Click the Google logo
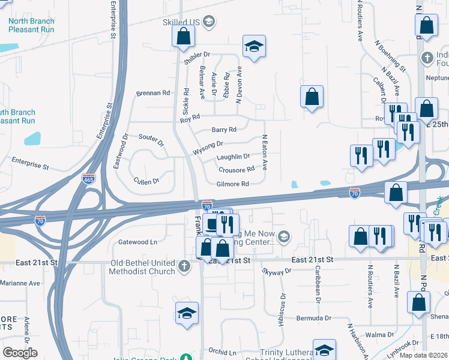[x=20, y=353]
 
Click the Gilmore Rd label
[x=233, y=184]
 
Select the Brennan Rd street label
[x=153, y=93]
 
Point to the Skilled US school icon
[x=209, y=23]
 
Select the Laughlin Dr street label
[x=233, y=157]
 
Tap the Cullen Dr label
[x=146, y=181]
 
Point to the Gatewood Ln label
[x=138, y=242]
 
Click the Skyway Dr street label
[x=276, y=271]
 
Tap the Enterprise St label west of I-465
[x=30, y=164]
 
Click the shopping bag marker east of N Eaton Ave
[x=312, y=97]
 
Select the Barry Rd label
[x=224, y=130]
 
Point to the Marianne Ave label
[x=20, y=283]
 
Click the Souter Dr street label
[x=151, y=140]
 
